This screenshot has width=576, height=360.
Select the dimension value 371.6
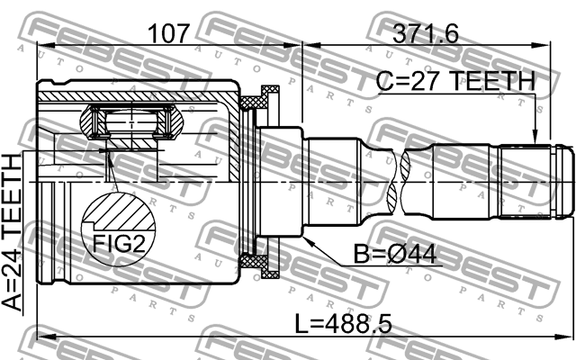[x=425, y=34]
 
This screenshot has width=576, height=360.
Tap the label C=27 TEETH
[x=455, y=82]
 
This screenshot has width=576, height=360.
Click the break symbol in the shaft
[x=403, y=180]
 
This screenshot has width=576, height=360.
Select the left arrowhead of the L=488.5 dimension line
[x=41, y=338]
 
